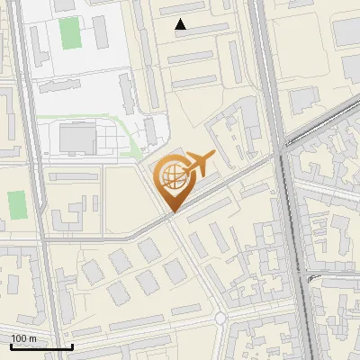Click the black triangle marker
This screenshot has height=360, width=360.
point(181,24)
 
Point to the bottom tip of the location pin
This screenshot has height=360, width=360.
point(171,212)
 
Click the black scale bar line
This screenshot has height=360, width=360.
point(41,346)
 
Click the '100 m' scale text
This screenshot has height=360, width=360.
point(24,338)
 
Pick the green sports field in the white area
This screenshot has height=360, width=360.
point(69,33)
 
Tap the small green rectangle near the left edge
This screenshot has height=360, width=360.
point(15,204)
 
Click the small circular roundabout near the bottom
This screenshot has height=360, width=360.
point(220,319)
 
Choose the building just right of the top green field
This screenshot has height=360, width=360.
point(100,31)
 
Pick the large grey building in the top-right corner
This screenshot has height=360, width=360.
point(347,31)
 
